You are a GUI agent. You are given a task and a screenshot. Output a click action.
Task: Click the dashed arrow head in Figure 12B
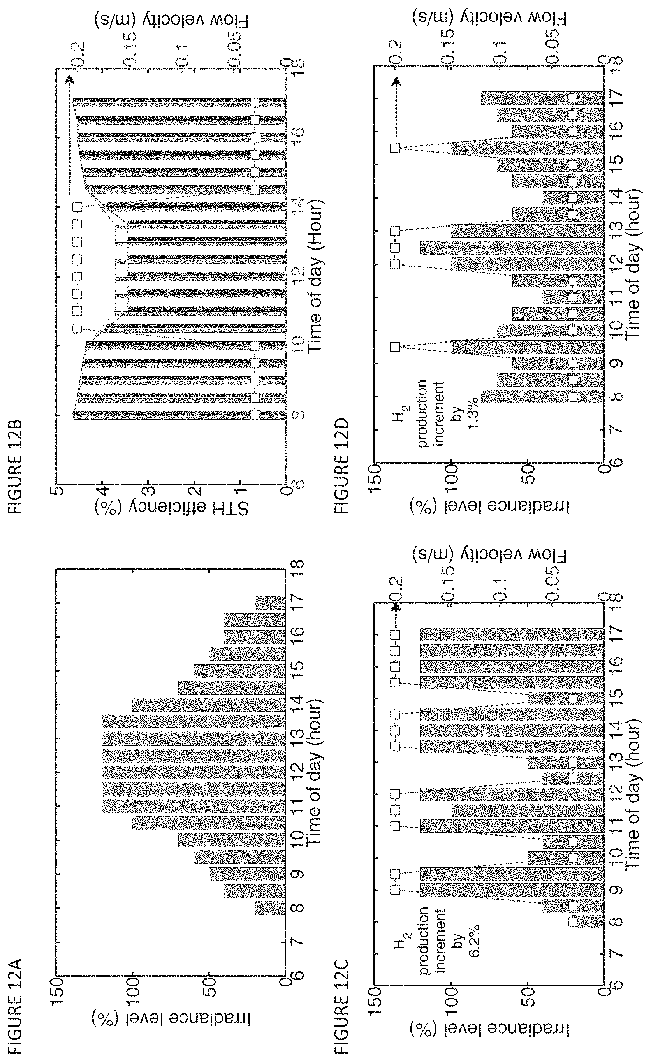pyautogui.click(x=70, y=80)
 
